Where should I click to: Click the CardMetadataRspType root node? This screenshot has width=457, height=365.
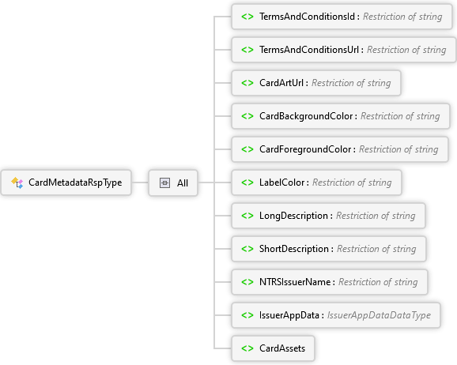pos(66,182)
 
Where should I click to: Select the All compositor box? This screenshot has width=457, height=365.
pos(173,182)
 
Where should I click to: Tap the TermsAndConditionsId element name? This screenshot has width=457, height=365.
pos(308,17)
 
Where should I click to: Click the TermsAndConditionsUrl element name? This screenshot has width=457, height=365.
pos(309,50)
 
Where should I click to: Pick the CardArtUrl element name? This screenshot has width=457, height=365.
pos(281,83)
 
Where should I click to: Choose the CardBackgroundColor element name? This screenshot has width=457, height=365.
pos(306,116)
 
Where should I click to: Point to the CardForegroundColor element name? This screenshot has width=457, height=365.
pos(305,149)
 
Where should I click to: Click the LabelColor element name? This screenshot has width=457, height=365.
pos(281,182)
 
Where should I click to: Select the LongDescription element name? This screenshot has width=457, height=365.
pos(294,216)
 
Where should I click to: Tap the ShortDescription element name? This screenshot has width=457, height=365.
pos(294,249)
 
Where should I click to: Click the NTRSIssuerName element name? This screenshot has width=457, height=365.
pos(295,282)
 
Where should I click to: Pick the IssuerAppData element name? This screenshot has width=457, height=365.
pos(289,315)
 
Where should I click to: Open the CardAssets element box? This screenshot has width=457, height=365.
pos(273,348)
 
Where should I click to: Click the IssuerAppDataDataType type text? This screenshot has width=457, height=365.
pos(379,315)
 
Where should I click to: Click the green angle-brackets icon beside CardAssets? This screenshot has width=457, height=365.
pos(247,348)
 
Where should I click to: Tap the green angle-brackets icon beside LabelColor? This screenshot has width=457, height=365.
pos(247,182)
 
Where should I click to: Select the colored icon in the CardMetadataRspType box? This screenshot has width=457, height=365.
pos(17,182)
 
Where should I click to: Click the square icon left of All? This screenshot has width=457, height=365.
pos(164,183)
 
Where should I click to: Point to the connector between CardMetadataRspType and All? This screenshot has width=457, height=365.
pos(140,182)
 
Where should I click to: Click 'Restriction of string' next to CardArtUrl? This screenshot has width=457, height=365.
pos(351,83)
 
